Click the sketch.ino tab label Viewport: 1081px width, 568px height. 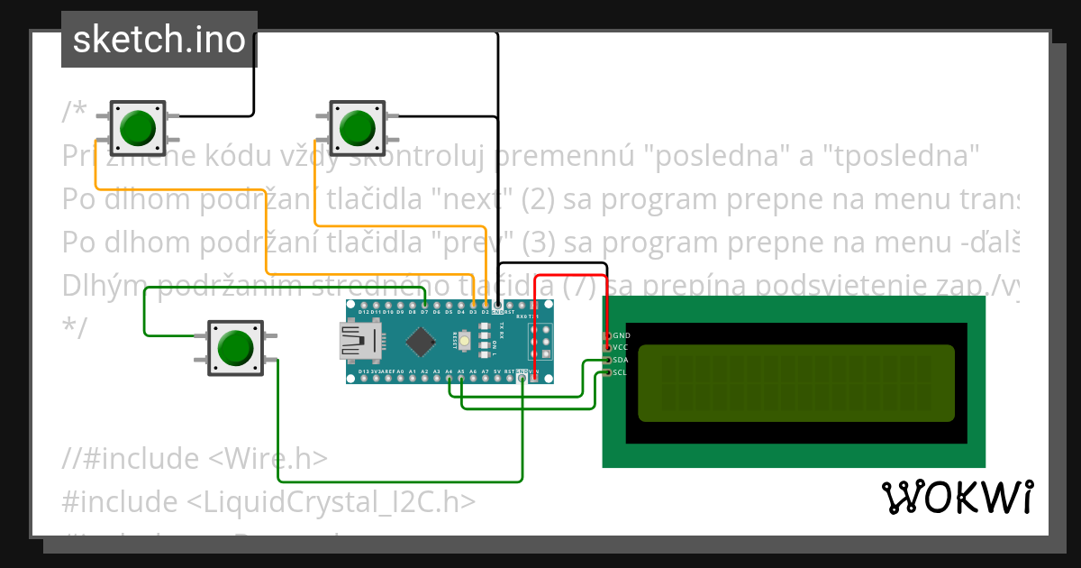pyautogui.click(x=159, y=40)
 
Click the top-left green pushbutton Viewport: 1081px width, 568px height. pyautogui.click(x=138, y=127)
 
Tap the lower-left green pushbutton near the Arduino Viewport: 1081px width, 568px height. pyautogui.click(x=235, y=347)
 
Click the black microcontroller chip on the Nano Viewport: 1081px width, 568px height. pyautogui.click(x=421, y=341)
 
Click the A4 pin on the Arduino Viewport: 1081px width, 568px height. pyautogui.click(x=449, y=378)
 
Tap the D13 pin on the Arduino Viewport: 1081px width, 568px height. pyautogui.click(x=364, y=378)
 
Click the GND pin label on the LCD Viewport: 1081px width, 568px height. pyautogui.click(x=621, y=335)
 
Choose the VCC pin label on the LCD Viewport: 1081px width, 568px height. pyautogui.click(x=621, y=347)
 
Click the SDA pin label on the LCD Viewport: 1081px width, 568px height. pyautogui.click(x=621, y=360)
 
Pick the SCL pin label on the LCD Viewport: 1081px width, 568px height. pyautogui.click(x=621, y=371)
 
